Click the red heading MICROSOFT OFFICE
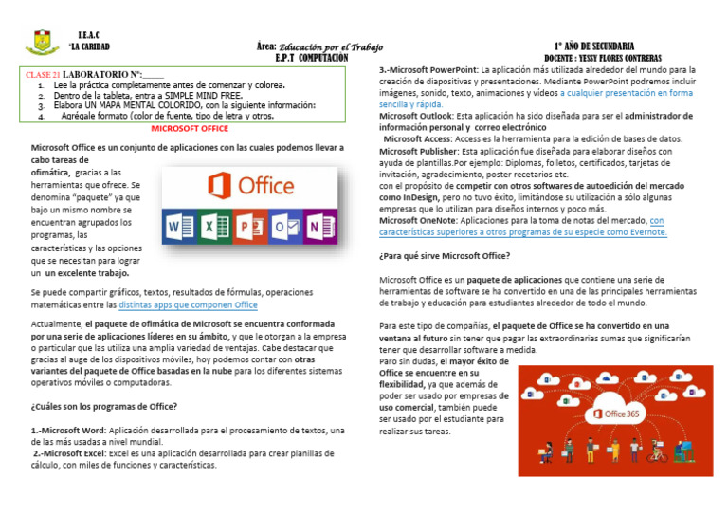pos(190,127)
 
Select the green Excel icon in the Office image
pos(217,229)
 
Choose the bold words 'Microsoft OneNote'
pos(418,220)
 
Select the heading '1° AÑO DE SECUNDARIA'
pos(594,46)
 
